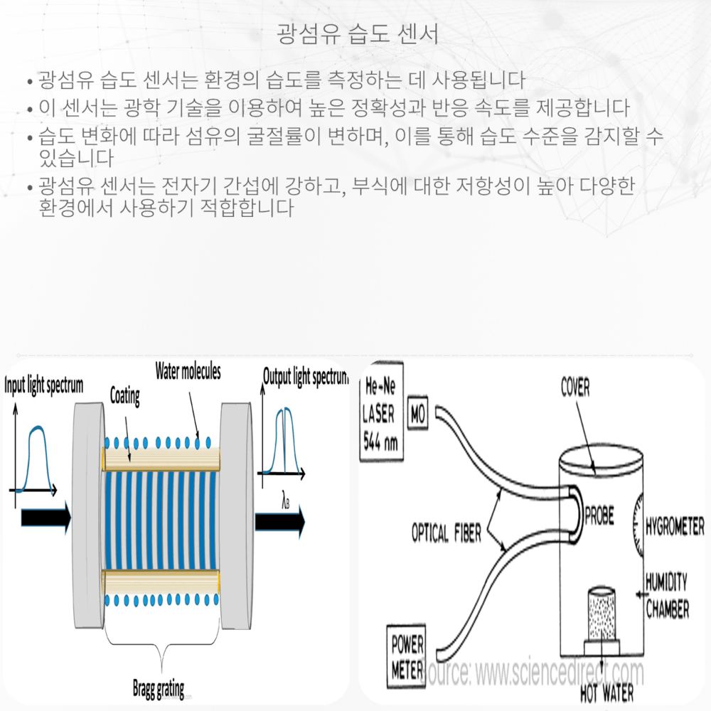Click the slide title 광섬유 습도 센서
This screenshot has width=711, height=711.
[355, 33]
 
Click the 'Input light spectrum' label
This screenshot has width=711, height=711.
[44, 385]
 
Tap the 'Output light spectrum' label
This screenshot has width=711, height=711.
[305, 376]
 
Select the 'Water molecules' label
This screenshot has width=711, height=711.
[188, 371]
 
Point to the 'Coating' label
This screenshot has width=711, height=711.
[124, 396]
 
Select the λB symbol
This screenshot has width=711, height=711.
[285, 502]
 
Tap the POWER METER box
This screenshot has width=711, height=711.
[407, 655]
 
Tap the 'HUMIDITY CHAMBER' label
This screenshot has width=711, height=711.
[667, 596]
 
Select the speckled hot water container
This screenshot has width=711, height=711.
[601, 614]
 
